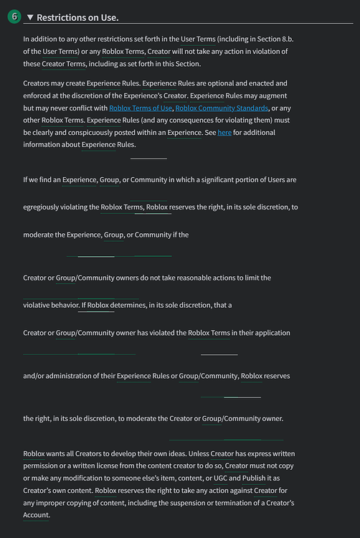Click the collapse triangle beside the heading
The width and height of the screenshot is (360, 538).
[x=30, y=17]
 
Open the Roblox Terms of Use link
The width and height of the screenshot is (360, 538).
[x=141, y=108]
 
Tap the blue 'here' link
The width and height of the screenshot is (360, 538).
[x=224, y=133]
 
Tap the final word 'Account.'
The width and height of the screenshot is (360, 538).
[x=37, y=515]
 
